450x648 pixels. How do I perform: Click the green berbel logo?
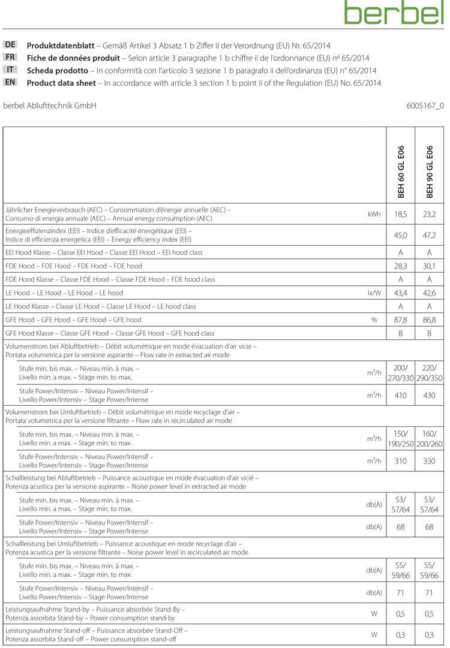coord(394,13)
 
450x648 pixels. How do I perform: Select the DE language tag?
coord(10,45)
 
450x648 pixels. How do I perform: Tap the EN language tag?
coord(10,82)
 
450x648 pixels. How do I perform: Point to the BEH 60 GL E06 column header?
coord(401,171)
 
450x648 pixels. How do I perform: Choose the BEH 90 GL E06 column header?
coord(430,171)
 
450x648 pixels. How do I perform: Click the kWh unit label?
coord(374,214)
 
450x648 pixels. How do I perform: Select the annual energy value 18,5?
coord(401,214)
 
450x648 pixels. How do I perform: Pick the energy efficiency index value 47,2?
coord(430,235)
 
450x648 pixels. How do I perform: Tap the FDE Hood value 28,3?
coord(401,266)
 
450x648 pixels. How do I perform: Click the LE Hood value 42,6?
coord(430,293)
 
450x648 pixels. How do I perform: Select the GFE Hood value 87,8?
coord(401,320)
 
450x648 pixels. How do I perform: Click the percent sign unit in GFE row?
coord(374,320)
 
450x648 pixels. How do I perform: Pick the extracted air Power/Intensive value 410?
coord(401,395)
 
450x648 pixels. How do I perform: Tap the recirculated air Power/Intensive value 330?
coord(430,461)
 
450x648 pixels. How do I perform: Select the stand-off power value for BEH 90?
coord(430,634)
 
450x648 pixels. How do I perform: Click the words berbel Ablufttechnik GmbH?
coord(50,106)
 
